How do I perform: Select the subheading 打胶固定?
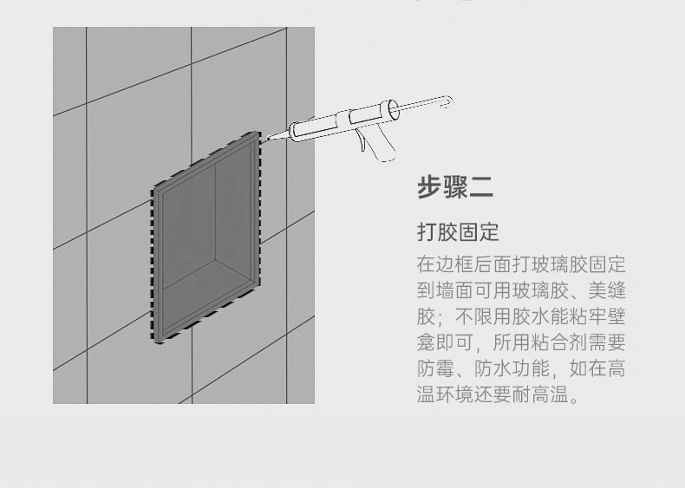(x=458, y=232)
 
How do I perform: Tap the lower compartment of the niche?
(x=208, y=308)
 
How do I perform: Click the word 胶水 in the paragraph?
(x=531, y=316)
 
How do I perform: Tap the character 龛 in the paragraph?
(x=427, y=343)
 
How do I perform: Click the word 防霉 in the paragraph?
(x=437, y=369)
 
